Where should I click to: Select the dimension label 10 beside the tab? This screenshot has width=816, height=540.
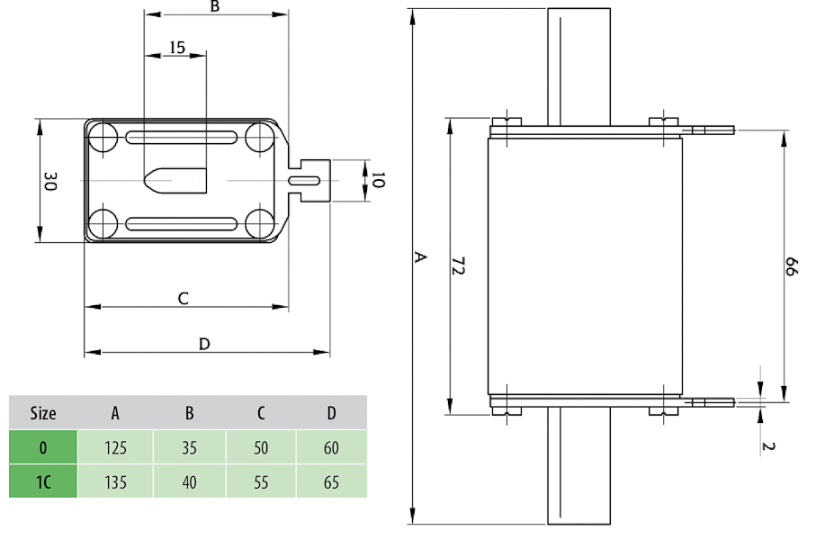point(377,181)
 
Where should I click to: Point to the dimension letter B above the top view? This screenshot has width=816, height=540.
point(214,7)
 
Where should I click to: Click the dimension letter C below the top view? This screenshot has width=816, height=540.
point(183,298)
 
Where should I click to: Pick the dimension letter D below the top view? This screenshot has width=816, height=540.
point(204,344)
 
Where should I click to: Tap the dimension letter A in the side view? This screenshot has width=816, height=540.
point(419,257)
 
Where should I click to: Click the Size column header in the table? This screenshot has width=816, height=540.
point(43,413)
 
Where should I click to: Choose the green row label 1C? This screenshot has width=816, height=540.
point(43,481)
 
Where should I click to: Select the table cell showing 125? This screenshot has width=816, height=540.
point(115,447)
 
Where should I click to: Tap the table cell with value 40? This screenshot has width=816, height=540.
point(189,481)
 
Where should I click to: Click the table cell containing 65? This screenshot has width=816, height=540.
point(331,481)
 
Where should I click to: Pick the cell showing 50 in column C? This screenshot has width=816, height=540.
point(260,447)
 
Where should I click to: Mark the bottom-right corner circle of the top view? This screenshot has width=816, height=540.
point(260,223)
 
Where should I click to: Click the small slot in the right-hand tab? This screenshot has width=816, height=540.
point(304,181)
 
